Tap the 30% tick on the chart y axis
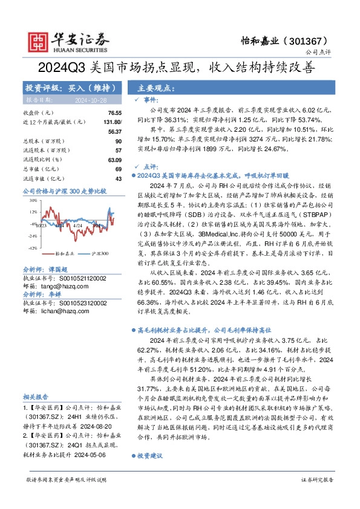[34, 199]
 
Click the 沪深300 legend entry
[97, 253]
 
